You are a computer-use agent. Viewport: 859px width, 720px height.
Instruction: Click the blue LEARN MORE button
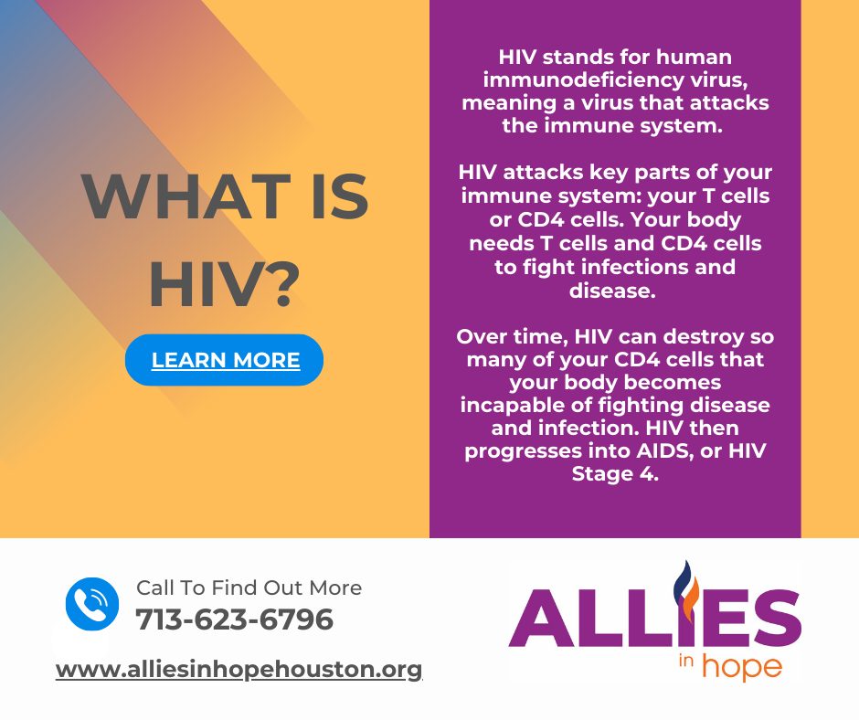(x=224, y=359)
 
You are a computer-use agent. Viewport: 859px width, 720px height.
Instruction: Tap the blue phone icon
(x=92, y=604)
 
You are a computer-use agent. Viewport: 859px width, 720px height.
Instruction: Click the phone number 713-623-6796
(x=235, y=619)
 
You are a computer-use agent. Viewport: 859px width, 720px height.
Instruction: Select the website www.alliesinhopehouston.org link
(x=239, y=670)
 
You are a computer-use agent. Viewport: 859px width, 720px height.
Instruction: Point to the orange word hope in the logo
(x=742, y=666)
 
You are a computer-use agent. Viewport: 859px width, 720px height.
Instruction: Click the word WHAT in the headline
(x=186, y=196)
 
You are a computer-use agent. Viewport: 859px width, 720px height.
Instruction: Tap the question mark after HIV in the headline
(x=283, y=283)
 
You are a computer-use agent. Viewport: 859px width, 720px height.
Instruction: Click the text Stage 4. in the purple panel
(x=615, y=473)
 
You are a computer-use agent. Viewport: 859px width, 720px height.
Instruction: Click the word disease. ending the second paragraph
(x=612, y=291)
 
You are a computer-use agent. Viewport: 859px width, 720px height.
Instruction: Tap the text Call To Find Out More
(x=249, y=588)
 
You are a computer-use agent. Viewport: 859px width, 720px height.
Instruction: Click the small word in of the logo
(x=686, y=661)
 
